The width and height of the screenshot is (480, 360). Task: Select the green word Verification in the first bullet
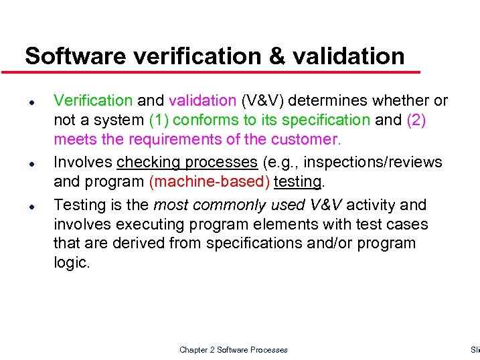click(93, 100)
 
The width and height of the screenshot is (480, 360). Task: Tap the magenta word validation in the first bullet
click(202, 100)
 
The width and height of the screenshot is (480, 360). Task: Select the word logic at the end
click(70, 263)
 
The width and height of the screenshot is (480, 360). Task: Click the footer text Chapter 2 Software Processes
click(234, 350)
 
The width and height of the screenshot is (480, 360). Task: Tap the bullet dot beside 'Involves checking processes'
click(31, 163)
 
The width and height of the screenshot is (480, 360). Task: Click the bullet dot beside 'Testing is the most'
click(31, 204)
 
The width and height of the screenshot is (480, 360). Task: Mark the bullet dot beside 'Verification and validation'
click(31, 101)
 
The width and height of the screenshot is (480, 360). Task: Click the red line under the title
click(214, 72)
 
